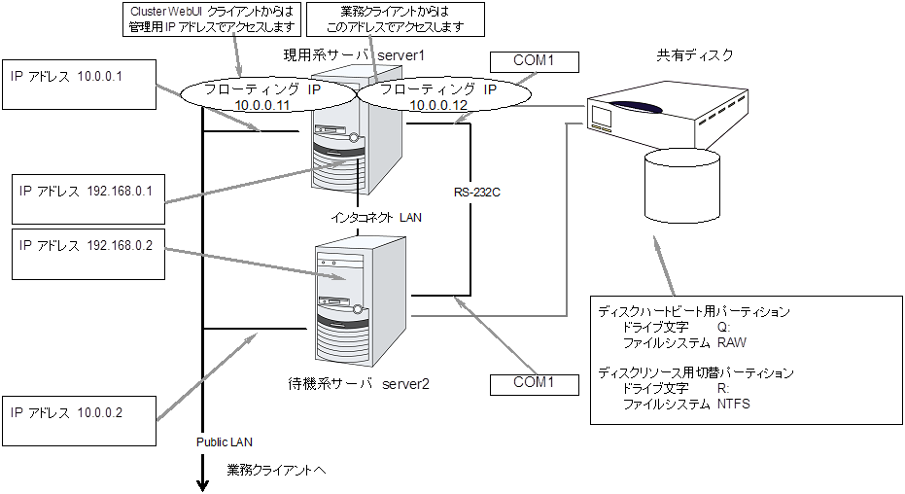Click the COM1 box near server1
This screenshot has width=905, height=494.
534,62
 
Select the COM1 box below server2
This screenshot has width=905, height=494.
534,383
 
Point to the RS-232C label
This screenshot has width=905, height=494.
476,193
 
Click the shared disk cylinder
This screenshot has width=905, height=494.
681,185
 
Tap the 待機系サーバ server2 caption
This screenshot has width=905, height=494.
359,383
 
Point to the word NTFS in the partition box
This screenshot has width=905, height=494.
734,404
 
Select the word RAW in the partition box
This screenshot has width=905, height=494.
731,342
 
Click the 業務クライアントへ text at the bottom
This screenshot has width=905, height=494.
277,470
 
